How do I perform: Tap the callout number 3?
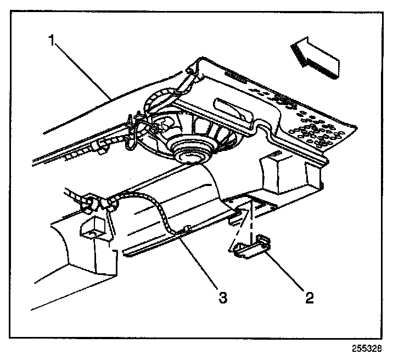point(222,297)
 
